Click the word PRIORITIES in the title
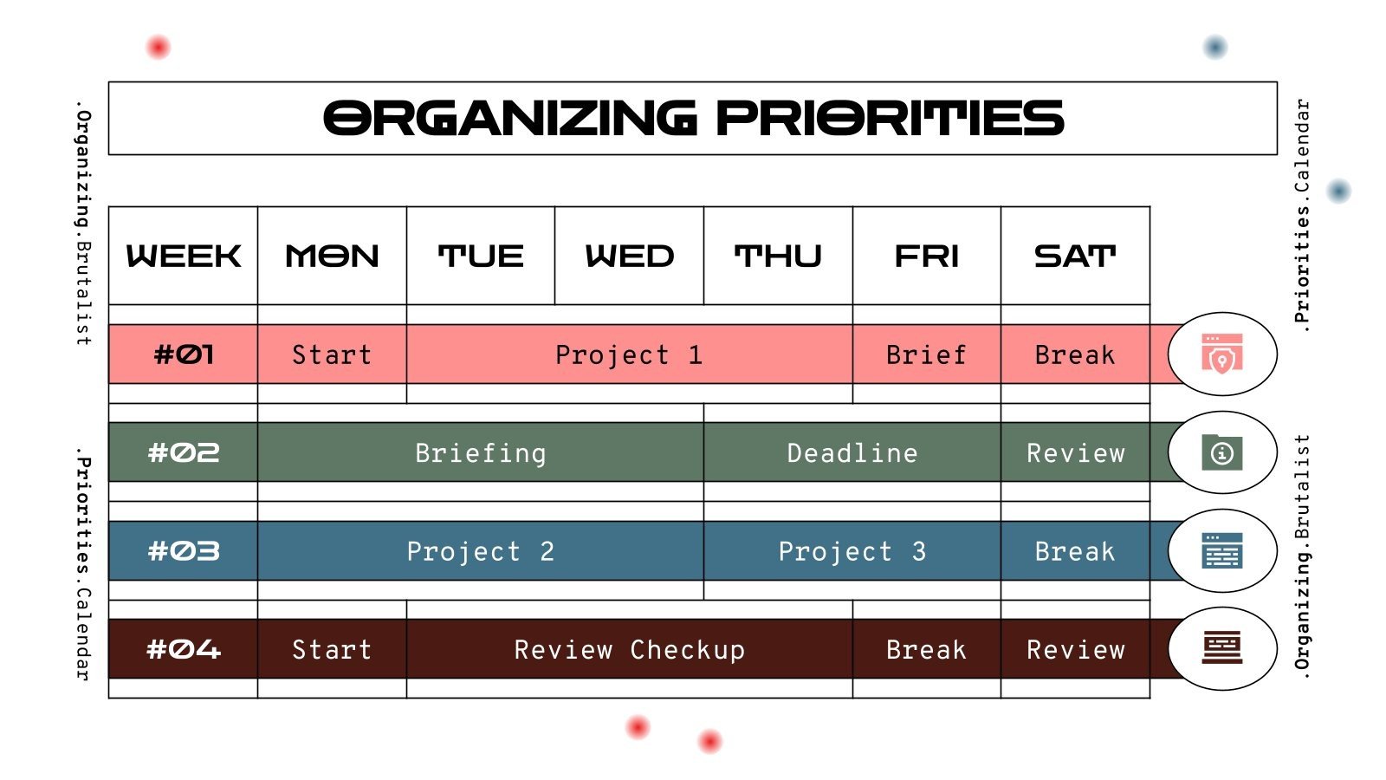pyautogui.click(x=890, y=119)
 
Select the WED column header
pyautogui.click(x=629, y=256)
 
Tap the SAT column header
pyautogui.click(x=1075, y=256)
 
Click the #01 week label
pyautogui.click(x=183, y=354)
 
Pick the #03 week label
pyautogui.click(x=183, y=551)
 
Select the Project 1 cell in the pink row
pyautogui.click(x=629, y=354)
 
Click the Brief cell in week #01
pyautogui.click(x=926, y=354)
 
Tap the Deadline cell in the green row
pyautogui.click(x=852, y=453)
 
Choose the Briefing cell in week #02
pyautogui.click(x=481, y=453)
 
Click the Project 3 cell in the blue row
pyautogui.click(x=852, y=551)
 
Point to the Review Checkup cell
pyautogui.click(x=629, y=650)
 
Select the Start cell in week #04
pyautogui.click(x=332, y=650)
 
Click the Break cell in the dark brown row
pyautogui.click(x=926, y=650)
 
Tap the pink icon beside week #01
pyautogui.click(x=1221, y=354)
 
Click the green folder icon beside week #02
pyautogui.click(x=1221, y=452)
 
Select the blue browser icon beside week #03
pyautogui.click(x=1221, y=550)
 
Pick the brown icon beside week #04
pyautogui.click(x=1221, y=648)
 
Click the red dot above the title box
pyautogui.click(x=158, y=47)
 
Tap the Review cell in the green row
pyautogui.click(x=1075, y=453)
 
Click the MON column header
pyautogui.click(x=332, y=256)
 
